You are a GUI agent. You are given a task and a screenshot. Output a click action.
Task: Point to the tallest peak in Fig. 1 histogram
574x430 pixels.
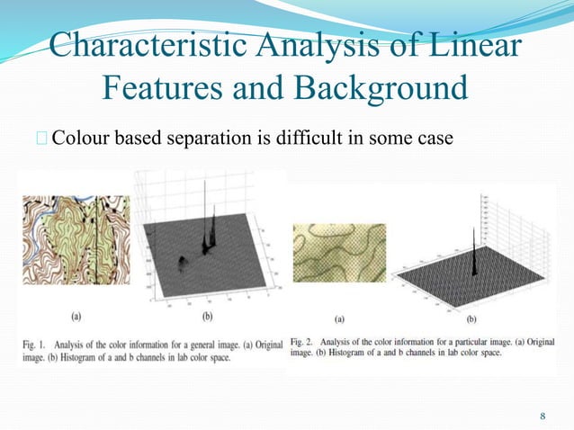click(215, 202)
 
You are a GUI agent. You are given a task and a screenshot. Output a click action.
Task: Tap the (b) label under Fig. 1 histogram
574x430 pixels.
click(206, 318)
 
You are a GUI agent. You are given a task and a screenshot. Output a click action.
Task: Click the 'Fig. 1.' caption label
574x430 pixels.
click(35, 343)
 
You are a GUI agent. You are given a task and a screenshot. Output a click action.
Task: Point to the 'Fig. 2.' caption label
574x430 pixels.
click(307, 343)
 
